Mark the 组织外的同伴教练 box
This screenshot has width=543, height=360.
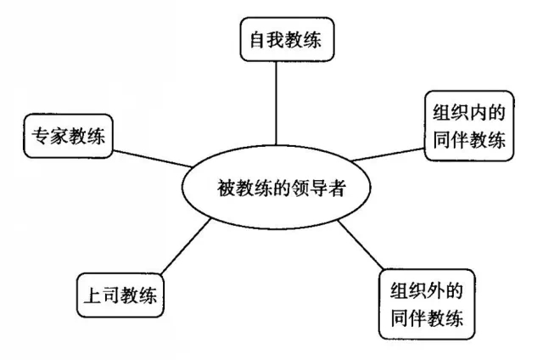coord(428,303)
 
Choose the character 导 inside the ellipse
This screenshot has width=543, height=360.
coord(317,185)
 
